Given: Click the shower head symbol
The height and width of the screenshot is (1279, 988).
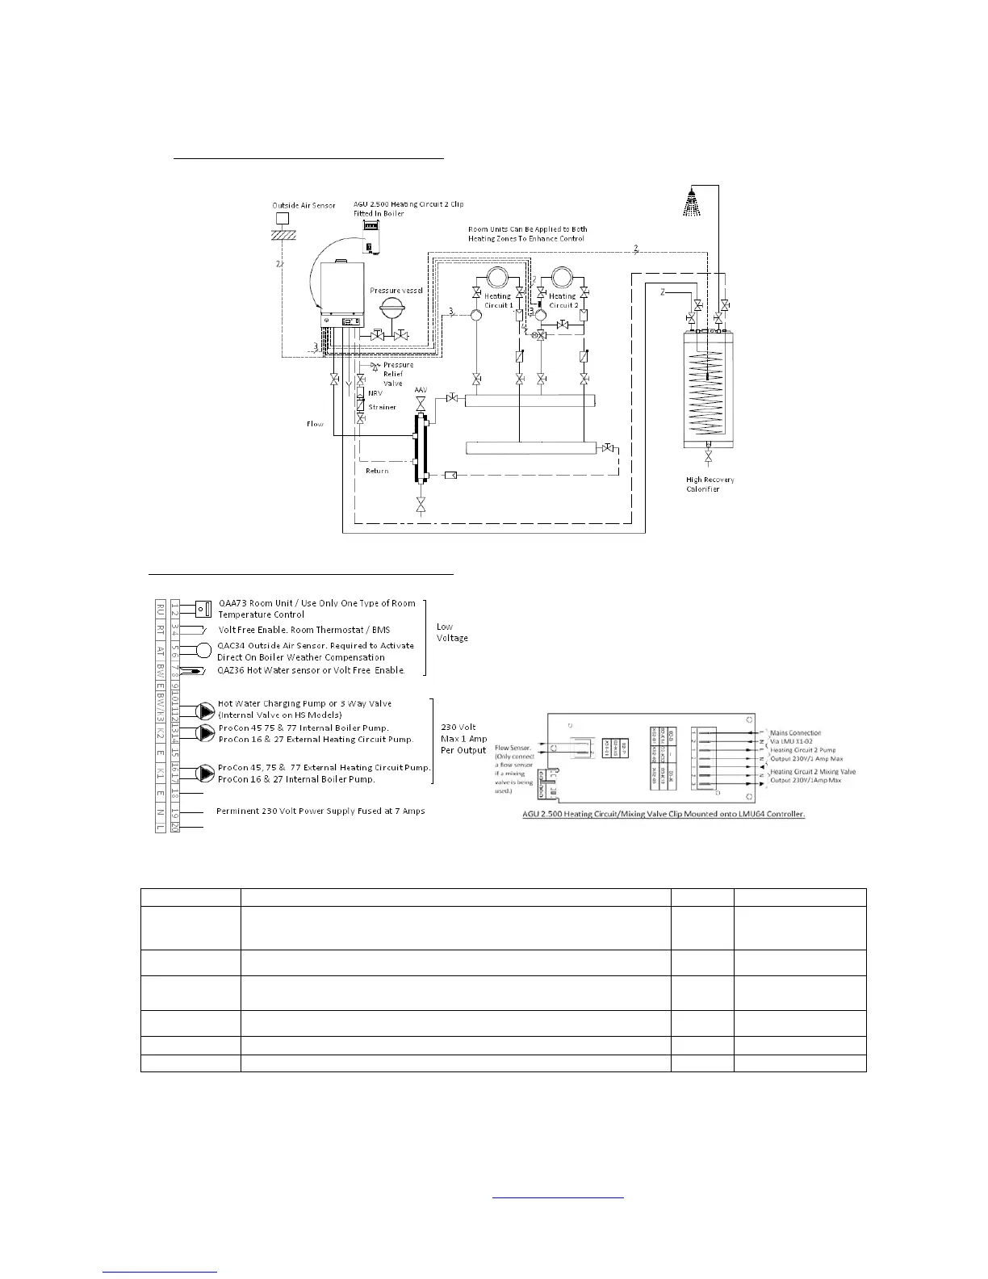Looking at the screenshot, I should [691, 202].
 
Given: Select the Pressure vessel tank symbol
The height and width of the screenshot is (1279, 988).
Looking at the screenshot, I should [396, 310].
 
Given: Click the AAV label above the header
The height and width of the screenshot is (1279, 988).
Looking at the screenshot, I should [421, 390].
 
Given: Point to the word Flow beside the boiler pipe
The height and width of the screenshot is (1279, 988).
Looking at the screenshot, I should [316, 423].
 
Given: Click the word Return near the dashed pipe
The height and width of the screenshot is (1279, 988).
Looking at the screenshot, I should [377, 471].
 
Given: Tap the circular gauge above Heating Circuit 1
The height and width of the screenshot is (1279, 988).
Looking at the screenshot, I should [496, 278].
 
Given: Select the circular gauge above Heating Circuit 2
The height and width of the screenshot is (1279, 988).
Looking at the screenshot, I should [561, 278].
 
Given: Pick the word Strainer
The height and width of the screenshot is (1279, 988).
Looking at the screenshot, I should [383, 407].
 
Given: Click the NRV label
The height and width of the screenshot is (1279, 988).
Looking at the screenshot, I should [375, 393].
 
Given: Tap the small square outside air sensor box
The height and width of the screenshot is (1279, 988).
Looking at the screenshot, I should [283, 217].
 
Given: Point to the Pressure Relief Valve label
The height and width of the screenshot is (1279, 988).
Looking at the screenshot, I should [398, 374].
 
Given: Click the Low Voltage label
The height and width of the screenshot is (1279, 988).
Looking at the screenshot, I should [452, 632].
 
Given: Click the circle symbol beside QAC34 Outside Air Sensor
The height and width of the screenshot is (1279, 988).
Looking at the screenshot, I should [204, 651].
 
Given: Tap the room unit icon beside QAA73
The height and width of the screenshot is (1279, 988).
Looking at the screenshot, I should [203, 608].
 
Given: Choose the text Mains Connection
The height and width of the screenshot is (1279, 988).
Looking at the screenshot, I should [795, 733].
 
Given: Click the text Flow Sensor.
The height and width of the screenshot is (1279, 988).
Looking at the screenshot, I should [512, 749].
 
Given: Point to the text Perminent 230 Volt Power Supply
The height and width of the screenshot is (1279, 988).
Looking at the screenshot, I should [320, 811].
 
